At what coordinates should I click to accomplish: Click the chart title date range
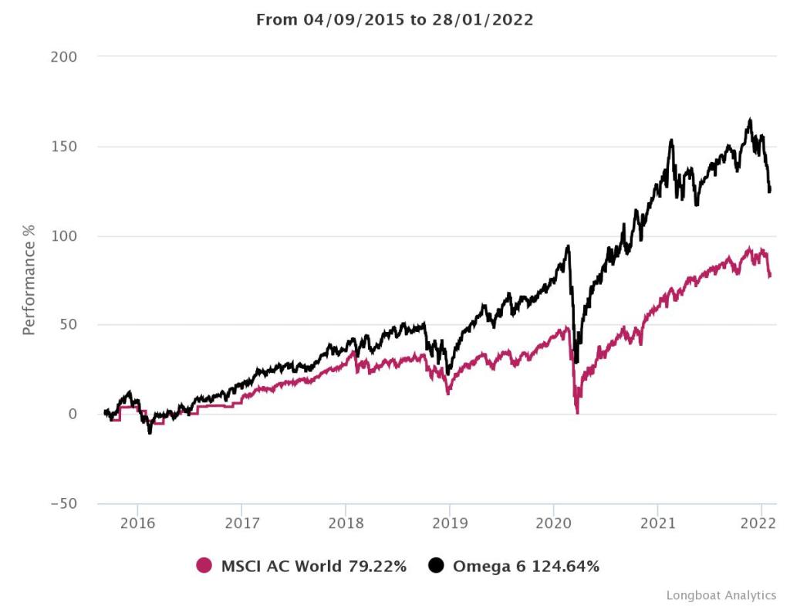(x=394, y=20)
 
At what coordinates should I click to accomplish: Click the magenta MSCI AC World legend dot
(x=204, y=566)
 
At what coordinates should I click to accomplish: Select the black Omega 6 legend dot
(x=437, y=566)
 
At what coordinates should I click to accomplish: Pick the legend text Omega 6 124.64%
(x=526, y=566)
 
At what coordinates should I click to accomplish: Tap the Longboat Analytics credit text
(x=721, y=595)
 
